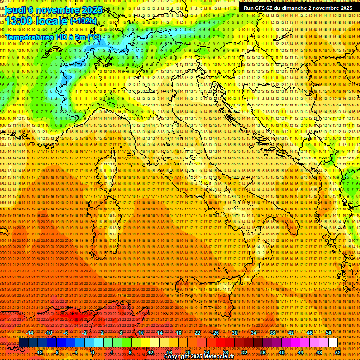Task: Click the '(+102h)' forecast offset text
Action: pos(83,21)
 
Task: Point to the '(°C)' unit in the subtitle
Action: pos(93,37)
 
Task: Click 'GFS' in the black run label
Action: pos(264,8)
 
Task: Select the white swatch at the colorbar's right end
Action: pos(333,343)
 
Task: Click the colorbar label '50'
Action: pos(328,333)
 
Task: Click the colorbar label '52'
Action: pos(337,352)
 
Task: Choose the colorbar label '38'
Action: pos(272,333)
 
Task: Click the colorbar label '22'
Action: pos(197,333)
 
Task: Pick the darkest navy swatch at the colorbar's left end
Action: pos(23,343)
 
